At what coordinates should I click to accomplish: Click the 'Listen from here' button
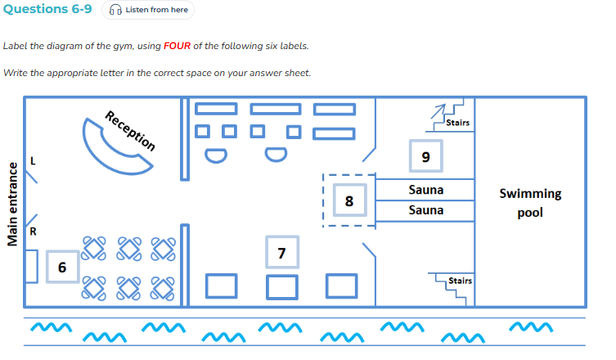tap(148, 10)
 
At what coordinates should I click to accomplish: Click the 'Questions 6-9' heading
tap(47, 9)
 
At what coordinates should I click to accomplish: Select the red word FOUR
tap(177, 46)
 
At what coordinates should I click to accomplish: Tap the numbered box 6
tap(62, 268)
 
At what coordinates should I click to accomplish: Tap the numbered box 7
tap(282, 252)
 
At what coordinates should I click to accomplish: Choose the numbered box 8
tap(349, 200)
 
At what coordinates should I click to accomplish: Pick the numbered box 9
tap(426, 156)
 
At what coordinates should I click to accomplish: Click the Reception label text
tap(130, 130)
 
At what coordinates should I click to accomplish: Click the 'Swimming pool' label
tap(530, 203)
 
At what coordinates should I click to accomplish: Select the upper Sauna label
tap(426, 190)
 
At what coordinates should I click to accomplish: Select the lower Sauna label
tap(426, 210)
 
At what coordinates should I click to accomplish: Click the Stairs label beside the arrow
tap(457, 123)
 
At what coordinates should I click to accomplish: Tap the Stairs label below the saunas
tap(460, 281)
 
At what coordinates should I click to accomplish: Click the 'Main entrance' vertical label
tap(12, 205)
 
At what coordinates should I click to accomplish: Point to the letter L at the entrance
tap(33, 161)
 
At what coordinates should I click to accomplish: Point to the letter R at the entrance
tap(33, 232)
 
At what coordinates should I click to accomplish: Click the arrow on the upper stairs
tap(438, 111)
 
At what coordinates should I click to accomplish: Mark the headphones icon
tap(115, 10)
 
